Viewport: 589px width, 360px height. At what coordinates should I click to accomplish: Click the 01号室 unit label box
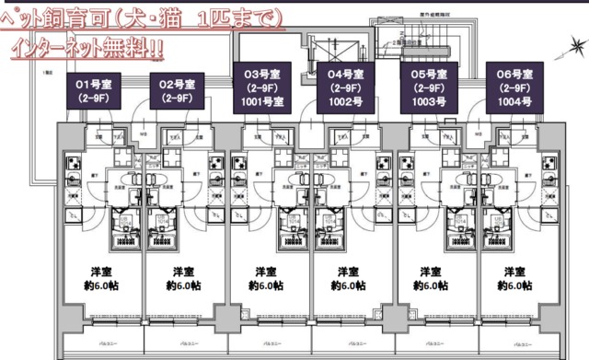93,89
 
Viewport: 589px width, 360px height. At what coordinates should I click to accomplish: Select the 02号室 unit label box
177,89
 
